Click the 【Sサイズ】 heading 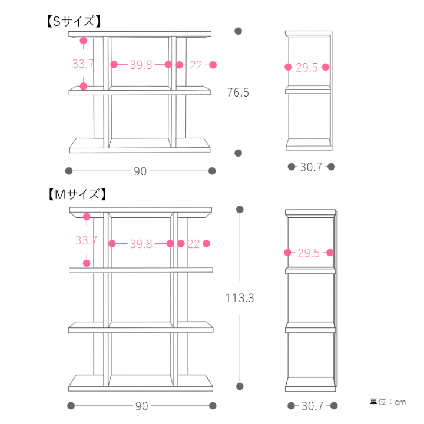click(74, 21)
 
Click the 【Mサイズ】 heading click(77, 194)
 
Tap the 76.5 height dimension click(238, 92)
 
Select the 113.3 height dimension click(240, 298)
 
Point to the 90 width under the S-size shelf click(140, 171)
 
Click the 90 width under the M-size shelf click(142, 406)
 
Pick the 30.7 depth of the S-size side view click(311, 167)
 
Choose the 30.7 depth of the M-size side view click(312, 406)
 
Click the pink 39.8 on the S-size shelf click(141, 65)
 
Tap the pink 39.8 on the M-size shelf click(141, 244)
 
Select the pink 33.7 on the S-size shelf click(83, 64)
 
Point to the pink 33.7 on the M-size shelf click(86, 240)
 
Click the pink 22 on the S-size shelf click(196, 65)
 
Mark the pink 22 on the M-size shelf click(194, 244)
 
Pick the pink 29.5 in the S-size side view click(307, 68)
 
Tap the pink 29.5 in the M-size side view click(309, 253)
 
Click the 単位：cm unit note click(387, 402)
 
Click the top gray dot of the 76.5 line click(238, 31)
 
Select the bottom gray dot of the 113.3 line click(240, 386)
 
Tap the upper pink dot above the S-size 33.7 click(84, 41)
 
